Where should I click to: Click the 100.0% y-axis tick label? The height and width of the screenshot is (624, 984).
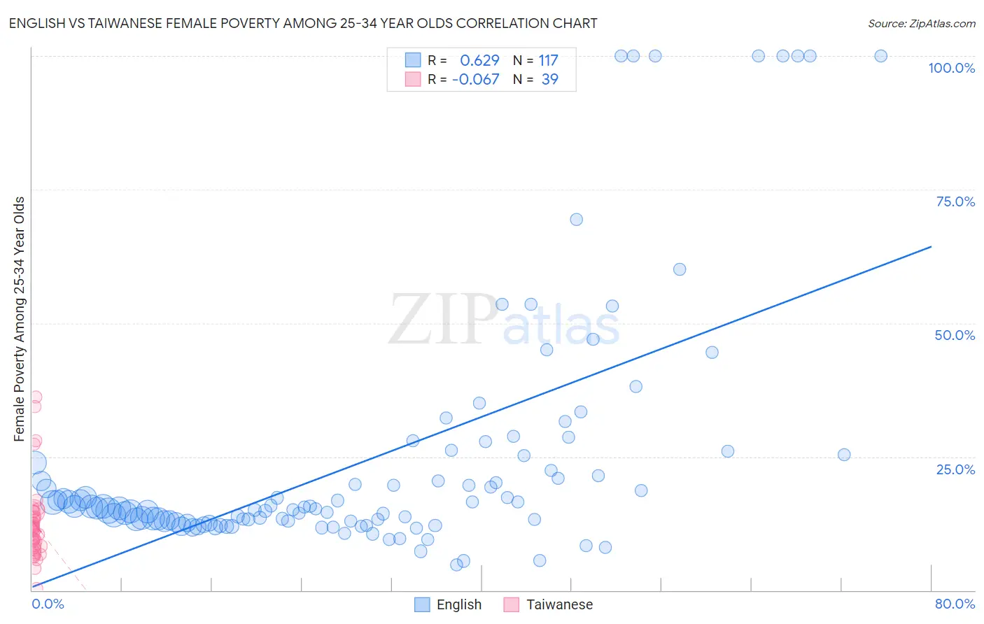[951, 68]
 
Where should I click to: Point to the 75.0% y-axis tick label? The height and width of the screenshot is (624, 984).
[955, 201]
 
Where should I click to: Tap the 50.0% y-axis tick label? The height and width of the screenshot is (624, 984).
[955, 335]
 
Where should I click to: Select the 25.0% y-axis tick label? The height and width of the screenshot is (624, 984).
[955, 469]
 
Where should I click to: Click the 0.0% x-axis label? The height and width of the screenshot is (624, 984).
[48, 604]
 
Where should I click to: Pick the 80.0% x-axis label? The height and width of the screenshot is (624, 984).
[955, 604]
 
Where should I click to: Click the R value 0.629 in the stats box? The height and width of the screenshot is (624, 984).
[479, 61]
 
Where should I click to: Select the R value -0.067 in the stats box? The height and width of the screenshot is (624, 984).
[476, 80]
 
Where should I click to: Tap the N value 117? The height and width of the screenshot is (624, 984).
[548, 61]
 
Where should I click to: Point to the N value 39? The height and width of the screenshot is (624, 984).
[550, 80]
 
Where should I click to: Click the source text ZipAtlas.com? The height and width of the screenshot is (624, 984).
[921, 24]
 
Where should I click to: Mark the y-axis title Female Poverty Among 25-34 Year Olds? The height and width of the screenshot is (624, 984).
[20, 319]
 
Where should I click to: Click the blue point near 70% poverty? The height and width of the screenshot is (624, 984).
[576, 220]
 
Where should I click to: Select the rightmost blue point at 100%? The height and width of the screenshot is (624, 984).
[881, 56]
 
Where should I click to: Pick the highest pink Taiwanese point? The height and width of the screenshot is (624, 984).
[35, 397]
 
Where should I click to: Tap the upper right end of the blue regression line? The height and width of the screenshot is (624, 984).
[931, 246]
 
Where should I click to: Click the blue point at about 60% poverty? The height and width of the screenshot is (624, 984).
[680, 269]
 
